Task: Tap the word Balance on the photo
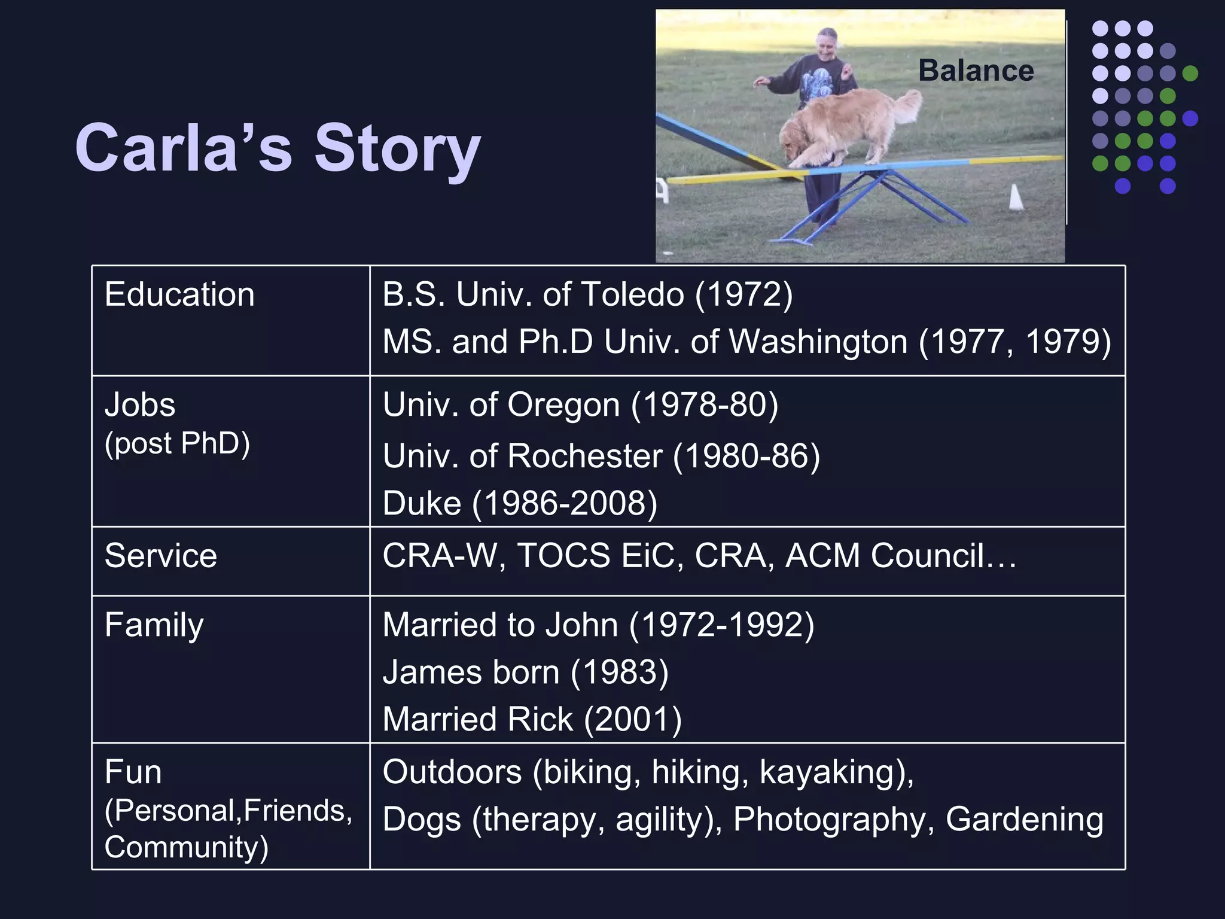pyautogui.click(x=976, y=71)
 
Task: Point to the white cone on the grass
pyautogui.click(x=1016, y=197)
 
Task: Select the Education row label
pyautogui.click(x=179, y=294)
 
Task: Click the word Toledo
pyautogui.click(x=632, y=294)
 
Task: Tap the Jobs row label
pyautogui.click(x=140, y=405)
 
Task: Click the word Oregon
pyautogui.click(x=563, y=405)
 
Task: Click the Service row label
pyautogui.click(x=160, y=556)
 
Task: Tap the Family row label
pyautogui.click(x=154, y=625)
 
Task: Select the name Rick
pyautogui.click(x=541, y=719)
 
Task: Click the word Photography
pyautogui.click(x=828, y=820)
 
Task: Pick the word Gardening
pyautogui.click(x=1024, y=820)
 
